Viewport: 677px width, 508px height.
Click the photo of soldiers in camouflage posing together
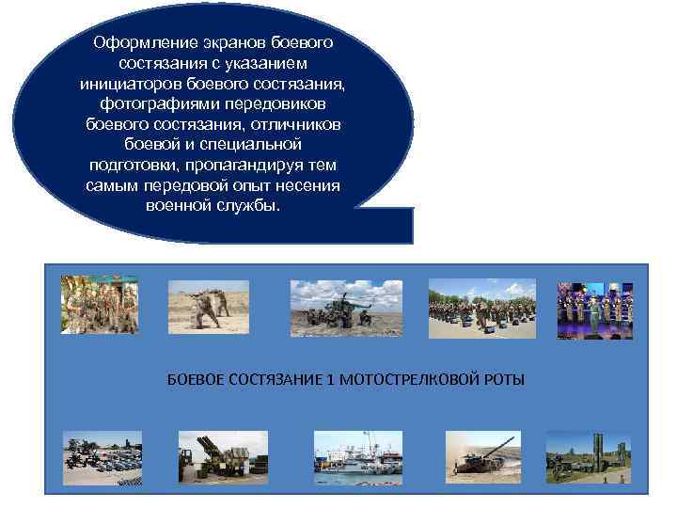pos(100,304)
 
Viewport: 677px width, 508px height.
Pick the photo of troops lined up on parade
pos(482,308)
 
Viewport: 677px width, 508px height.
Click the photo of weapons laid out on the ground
pos(102,458)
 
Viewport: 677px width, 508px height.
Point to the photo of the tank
pos(482,457)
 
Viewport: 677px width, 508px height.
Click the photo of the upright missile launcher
pos(589,457)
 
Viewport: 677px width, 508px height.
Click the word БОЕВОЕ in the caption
pos(193,379)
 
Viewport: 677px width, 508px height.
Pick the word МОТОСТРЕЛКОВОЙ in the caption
pos(400,379)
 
